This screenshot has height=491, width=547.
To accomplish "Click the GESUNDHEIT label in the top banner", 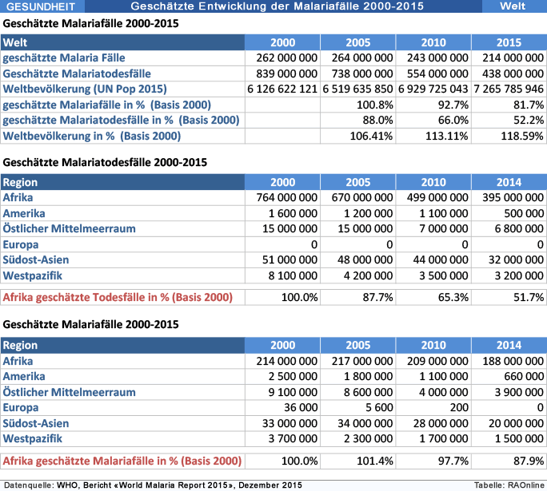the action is [x=41, y=6].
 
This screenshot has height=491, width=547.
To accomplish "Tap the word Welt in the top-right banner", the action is [x=513, y=6].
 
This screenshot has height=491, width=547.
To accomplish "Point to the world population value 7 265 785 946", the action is [x=509, y=89].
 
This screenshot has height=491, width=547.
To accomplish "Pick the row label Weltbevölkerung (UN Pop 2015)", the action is [x=85, y=89].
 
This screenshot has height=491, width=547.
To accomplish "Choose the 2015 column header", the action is [x=509, y=42].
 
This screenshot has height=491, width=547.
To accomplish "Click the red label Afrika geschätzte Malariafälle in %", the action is [x=122, y=461].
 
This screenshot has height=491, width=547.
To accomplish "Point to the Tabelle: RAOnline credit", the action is [x=509, y=485].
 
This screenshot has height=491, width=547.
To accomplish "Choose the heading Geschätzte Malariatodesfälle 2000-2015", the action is [x=105, y=162].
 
